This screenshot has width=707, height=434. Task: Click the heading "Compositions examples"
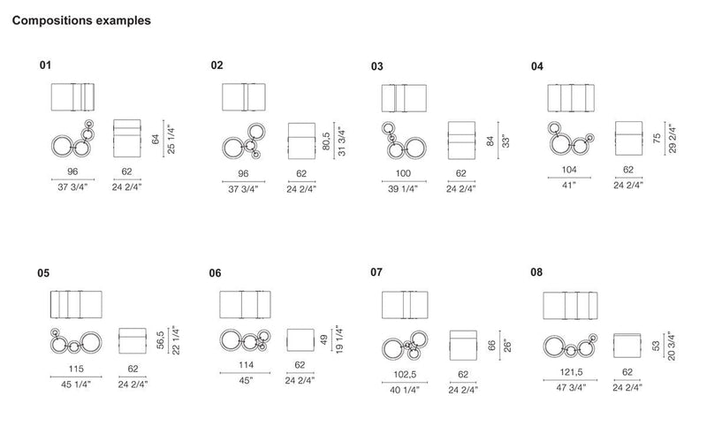click(x=81, y=20)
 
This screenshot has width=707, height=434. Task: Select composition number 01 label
click(x=45, y=65)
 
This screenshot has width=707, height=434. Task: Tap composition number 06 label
click(x=215, y=273)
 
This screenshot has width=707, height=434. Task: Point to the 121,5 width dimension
click(x=571, y=372)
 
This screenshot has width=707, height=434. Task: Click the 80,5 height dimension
click(x=326, y=141)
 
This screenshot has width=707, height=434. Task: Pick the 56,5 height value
click(x=161, y=340)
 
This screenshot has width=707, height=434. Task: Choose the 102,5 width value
click(x=405, y=375)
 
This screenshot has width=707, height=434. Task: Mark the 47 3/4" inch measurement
click(x=571, y=387)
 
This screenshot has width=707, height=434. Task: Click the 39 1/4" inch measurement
click(x=403, y=189)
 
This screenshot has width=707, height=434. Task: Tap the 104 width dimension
click(x=569, y=170)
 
